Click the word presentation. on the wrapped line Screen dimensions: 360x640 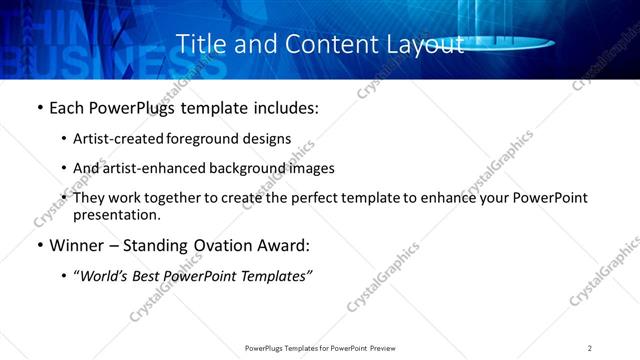click(116, 215)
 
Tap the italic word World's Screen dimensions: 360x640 click(105, 275)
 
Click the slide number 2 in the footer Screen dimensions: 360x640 click(590, 347)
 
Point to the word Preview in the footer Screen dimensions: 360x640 click(386, 347)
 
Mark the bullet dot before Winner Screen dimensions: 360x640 click(39, 246)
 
